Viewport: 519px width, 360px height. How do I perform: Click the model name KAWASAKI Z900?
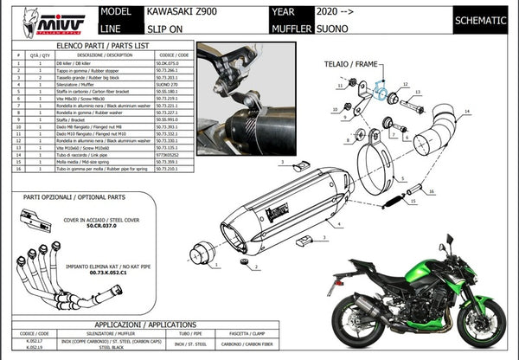[174, 14]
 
